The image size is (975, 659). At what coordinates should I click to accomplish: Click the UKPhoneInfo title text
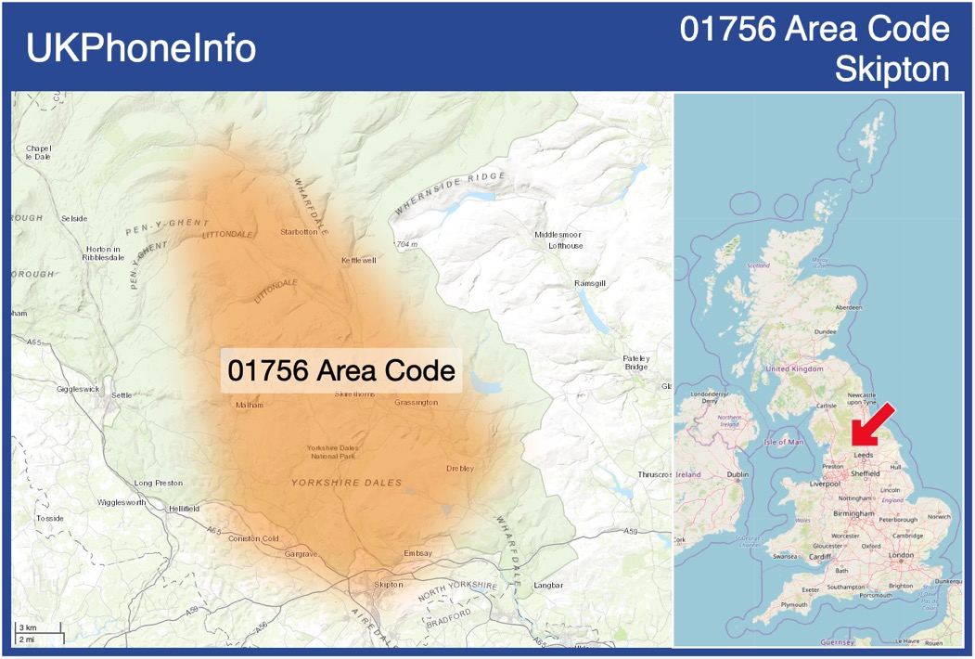point(141,48)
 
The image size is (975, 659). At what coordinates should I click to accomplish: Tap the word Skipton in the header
point(892,70)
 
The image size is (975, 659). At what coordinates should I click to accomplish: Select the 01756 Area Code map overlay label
point(341,371)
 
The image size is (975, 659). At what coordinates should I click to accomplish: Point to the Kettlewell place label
point(359,261)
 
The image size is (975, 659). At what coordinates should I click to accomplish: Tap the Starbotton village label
point(299,232)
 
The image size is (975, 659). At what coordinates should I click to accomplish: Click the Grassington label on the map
point(416,403)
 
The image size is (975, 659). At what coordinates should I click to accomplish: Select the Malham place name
point(250,405)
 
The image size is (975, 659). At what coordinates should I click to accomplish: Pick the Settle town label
point(122,395)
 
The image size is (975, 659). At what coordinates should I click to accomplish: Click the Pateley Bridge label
point(636,363)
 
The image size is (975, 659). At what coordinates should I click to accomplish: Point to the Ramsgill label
point(590,282)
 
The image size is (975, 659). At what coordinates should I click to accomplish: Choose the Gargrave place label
point(301,554)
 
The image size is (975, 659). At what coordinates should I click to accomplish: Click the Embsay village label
point(418,554)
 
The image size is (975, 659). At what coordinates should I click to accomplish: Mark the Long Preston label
point(159,484)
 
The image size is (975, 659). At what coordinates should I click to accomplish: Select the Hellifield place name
point(184,510)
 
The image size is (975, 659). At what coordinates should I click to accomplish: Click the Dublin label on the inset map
point(738,475)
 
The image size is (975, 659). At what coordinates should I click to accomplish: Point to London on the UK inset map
point(901,555)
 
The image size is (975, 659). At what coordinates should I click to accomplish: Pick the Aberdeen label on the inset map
point(848,307)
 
